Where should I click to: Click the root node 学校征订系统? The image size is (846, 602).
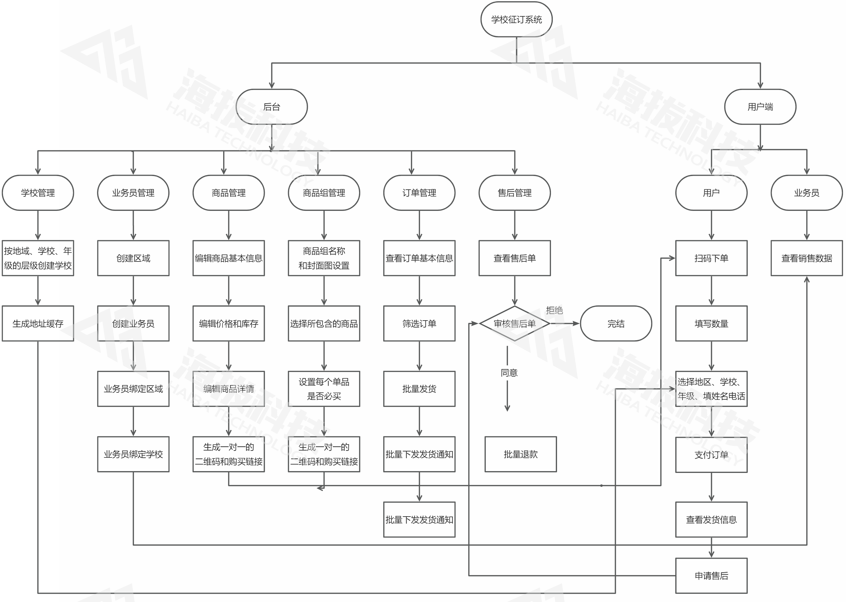click(516, 19)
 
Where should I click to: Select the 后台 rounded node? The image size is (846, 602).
click(271, 107)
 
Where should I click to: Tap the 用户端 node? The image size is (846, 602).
click(760, 107)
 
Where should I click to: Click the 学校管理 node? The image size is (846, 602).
click(38, 193)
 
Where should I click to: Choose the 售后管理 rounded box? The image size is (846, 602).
click(515, 193)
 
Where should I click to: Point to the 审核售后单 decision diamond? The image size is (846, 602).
click(515, 324)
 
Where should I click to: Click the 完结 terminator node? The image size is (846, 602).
click(616, 324)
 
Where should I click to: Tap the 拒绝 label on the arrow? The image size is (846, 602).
click(554, 310)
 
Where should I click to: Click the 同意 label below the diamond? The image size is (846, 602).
click(509, 373)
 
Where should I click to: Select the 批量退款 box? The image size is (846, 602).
click(520, 454)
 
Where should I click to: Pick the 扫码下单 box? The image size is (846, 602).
click(711, 258)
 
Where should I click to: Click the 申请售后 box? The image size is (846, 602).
click(711, 576)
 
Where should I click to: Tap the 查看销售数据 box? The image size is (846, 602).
click(807, 258)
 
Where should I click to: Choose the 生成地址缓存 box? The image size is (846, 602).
click(38, 324)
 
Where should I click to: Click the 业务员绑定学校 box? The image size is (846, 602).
click(133, 454)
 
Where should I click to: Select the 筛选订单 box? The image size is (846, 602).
click(419, 324)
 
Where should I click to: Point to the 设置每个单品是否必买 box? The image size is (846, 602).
click(324, 389)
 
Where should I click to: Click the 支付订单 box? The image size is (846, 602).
click(711, 455)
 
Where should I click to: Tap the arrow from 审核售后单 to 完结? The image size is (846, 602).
click(565, 324)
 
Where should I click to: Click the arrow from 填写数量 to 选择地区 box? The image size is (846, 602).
click(711, 356)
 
